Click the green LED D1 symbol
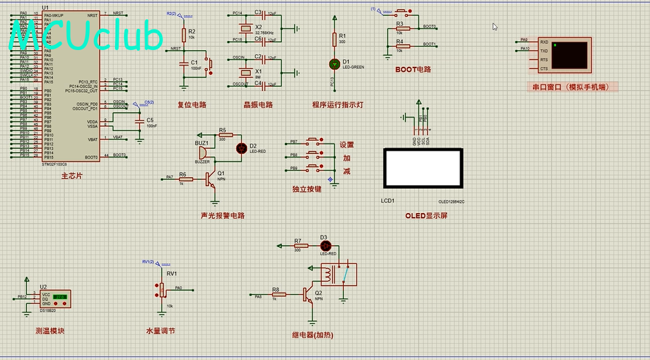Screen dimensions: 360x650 (x=334, y=64)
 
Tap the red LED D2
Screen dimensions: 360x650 (x=241, y=148)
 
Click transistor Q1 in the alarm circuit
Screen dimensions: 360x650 (x=210, y=179)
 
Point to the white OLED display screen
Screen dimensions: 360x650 (x=422, y=169)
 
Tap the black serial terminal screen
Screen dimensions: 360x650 (x=570, y=55)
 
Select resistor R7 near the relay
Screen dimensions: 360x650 (x=298, y=246)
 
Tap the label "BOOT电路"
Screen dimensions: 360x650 (x=413, y=69)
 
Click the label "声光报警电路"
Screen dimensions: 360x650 (x=223, y=216)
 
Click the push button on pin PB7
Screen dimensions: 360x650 (x=314, y=141)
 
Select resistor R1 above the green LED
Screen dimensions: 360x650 (x=334, y=39)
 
